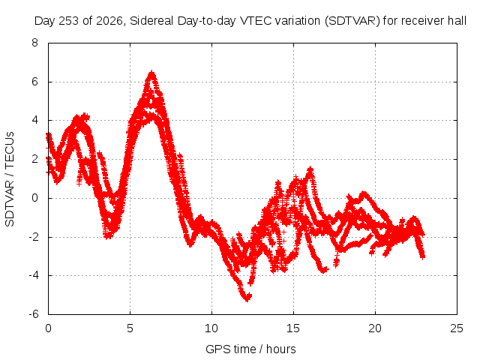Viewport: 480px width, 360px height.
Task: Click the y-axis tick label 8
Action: click(35, 43)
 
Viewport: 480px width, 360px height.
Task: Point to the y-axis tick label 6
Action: click(35, 82)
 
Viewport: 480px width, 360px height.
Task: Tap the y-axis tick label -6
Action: click(34, 314)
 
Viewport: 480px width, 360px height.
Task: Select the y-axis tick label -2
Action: click(34, 237)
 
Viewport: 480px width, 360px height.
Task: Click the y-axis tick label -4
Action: click(34, 275)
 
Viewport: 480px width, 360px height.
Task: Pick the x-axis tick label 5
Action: click(130, 328)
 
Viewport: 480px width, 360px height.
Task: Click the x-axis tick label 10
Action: click(211, 328)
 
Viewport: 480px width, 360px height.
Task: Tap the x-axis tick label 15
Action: click(293, 328)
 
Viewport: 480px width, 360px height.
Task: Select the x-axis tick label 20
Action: click(375, 328)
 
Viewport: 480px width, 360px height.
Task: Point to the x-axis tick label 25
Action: click(457, 328)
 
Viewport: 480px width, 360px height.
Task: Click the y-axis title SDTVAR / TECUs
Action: click(10, 179)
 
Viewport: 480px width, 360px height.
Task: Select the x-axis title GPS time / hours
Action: click(250, 349)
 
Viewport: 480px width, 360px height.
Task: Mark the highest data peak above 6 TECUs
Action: click(151, 73)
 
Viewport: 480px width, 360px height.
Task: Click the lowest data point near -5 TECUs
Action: click(247, 298)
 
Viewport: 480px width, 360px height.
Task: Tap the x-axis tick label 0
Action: click(48, 328)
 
